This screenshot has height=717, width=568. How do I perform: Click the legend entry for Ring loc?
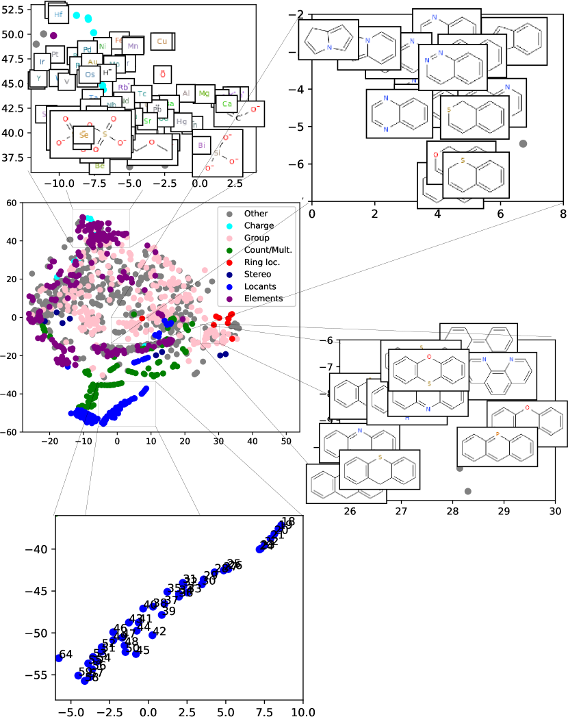point(255,262)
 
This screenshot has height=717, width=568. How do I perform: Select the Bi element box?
point(202,146)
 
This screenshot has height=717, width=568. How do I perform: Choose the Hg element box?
point(181,121)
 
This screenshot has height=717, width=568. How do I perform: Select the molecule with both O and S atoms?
point(428,370)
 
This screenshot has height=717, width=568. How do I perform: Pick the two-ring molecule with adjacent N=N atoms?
point(452,58)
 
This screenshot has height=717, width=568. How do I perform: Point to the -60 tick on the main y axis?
point(11,432)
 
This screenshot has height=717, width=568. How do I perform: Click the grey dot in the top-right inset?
point(524,143)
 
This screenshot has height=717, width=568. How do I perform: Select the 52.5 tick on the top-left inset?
point(13,10)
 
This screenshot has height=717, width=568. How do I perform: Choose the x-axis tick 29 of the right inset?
point(504,512)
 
